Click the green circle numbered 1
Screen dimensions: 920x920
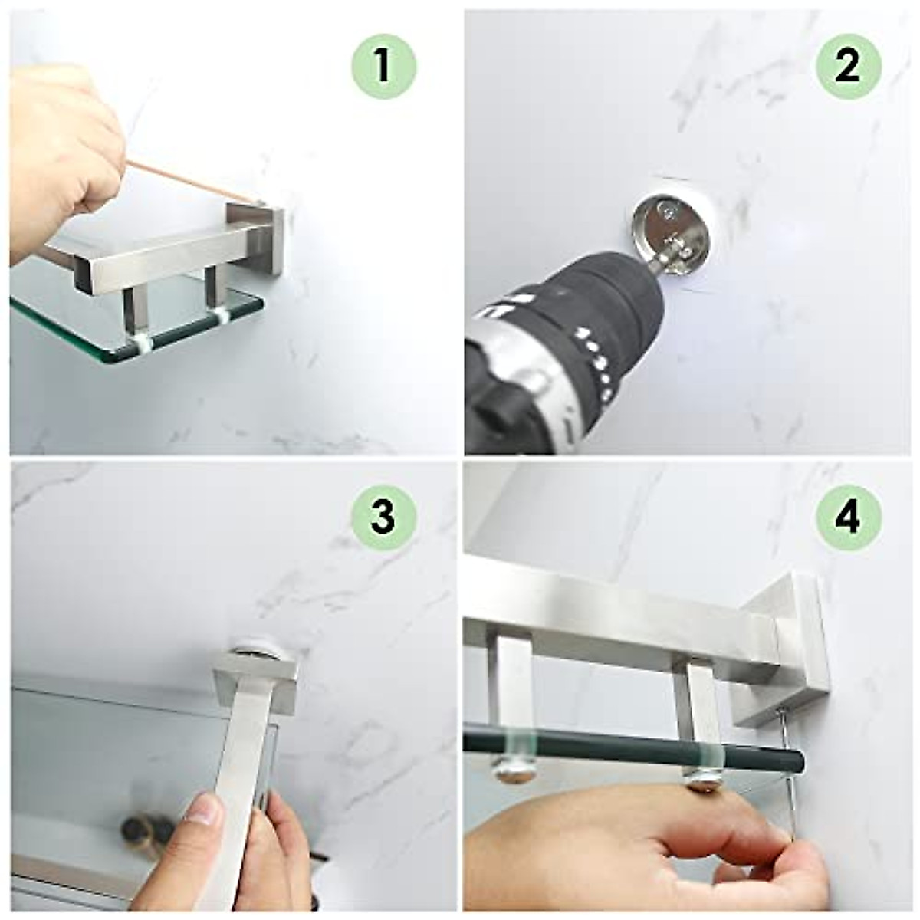point(384,67)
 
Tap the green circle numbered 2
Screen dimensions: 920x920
point(849,67)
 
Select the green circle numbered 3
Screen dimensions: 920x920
point(384,518)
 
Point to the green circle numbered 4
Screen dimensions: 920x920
point(849,518)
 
